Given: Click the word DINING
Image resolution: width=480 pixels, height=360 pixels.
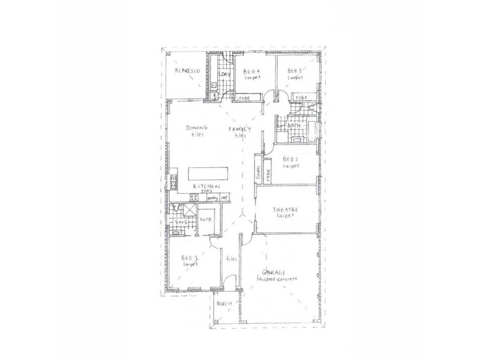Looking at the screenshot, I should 196,128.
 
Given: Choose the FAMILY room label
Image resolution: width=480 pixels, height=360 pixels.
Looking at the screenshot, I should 240,129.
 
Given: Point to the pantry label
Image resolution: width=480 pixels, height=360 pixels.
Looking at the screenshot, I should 212,197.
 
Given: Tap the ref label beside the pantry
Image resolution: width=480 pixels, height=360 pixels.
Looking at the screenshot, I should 224,197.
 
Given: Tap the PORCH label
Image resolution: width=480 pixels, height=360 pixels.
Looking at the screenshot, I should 224,304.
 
